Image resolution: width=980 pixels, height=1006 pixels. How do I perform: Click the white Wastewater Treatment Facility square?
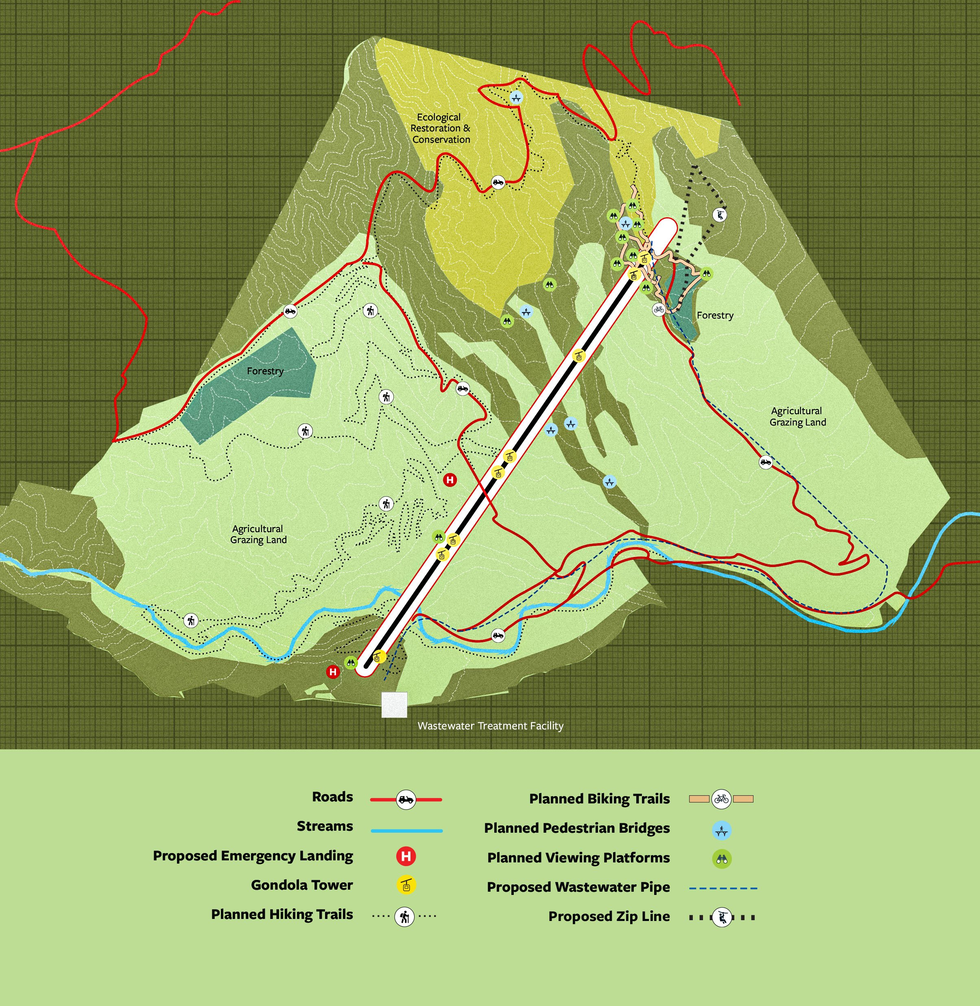[394, 705]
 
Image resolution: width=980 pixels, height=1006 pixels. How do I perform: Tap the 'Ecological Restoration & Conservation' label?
[440, 128]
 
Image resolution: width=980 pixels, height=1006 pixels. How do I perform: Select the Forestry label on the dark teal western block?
[265, 371]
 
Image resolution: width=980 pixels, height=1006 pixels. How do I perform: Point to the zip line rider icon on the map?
[720, 214]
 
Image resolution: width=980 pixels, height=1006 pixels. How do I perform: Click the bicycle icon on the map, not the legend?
[658, 309]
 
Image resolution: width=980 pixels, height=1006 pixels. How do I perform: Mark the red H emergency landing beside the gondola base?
[333, 672]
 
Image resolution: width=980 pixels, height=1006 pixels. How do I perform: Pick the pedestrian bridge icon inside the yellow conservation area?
[516, 97]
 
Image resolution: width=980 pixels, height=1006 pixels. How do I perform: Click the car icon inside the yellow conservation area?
[498, 182]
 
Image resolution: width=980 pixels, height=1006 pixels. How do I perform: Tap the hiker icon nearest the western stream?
[191, 621]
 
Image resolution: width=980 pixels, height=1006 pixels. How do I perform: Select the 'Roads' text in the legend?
[332, 797]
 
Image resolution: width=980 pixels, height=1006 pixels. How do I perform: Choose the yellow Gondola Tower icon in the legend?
[406, 886]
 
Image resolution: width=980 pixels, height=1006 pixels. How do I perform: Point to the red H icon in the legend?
[406, 856]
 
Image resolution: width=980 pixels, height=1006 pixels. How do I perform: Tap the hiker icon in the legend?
[404, 917]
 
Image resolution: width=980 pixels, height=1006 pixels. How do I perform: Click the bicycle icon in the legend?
[721, 799]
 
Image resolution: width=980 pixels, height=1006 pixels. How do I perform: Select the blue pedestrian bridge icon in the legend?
[722, 830]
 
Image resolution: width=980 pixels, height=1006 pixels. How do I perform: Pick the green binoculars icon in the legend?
[722, 859]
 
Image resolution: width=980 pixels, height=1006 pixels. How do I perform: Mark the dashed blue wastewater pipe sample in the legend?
[723, 888]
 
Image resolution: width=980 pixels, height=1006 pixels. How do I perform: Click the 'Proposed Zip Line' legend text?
[609, 917]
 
